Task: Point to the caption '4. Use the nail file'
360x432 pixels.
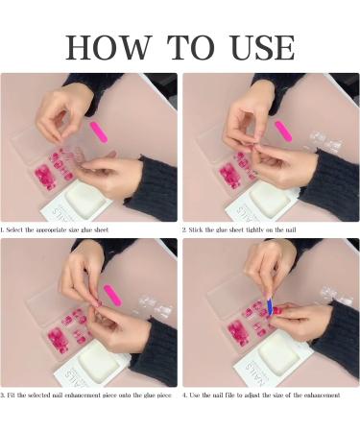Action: coord(261,395)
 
